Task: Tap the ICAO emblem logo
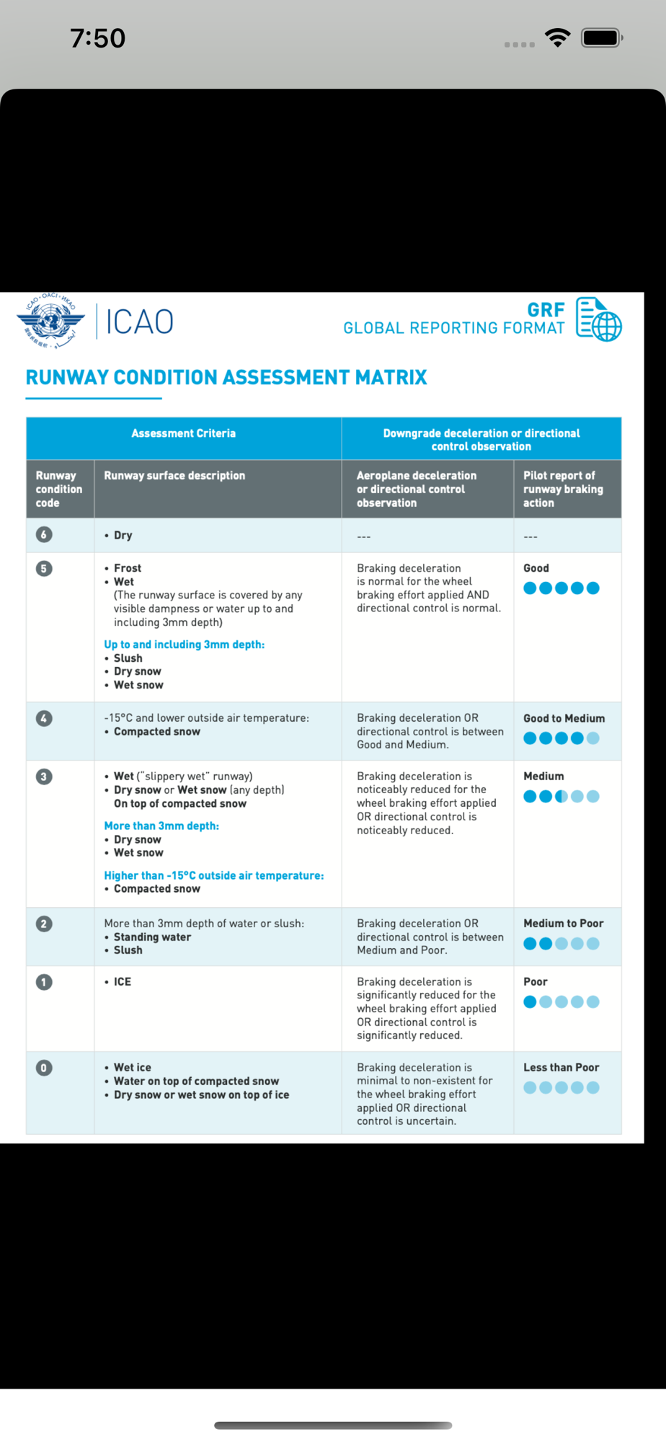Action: (x=50, y=321)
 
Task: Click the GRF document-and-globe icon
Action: (x=598, y=319)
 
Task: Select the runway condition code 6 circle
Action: (x=44, y=534)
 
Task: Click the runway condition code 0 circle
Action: (x=44, y=1068)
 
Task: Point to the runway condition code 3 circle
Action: (x=44, y=777)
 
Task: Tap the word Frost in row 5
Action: (x=128, y=568)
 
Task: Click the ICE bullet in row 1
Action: (x=122, y=981)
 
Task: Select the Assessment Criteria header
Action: (x=183, y=433)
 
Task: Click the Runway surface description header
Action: (x=174, y=476)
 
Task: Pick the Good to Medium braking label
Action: (x=564, y=718)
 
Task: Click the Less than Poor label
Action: (x=561, y=1067)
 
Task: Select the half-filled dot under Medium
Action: (x=561, y=797)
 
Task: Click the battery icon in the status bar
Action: (x=602, y=37)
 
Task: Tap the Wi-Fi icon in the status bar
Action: (x=557, y=37)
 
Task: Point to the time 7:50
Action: (x=98, y=38)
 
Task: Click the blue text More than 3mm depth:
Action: (x=161, y=826)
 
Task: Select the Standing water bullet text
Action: (x=152, y=937)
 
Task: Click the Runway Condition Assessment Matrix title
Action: (x=226, y=377)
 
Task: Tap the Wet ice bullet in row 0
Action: (x=133, y=1067)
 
